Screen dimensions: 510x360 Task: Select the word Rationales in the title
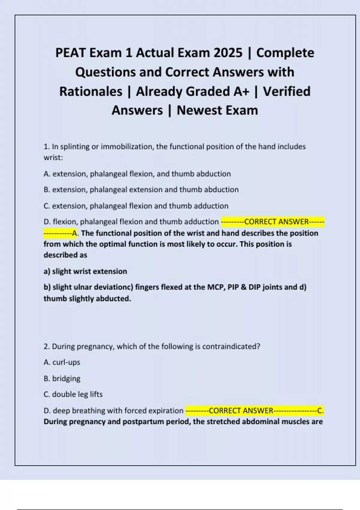(x=91, y=91)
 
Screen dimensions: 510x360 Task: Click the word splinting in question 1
(x=75, y=147)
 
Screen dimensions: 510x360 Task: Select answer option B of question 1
(x=141, y=190)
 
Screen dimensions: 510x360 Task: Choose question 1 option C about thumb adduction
(x=136, y=206)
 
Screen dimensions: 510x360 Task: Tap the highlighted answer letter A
(x=75, y=233)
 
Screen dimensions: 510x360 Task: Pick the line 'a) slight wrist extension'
(x=85, y=271)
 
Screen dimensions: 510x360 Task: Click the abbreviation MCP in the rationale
(x=216, y=287)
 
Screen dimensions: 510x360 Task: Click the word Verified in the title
(x=286, y=91)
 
